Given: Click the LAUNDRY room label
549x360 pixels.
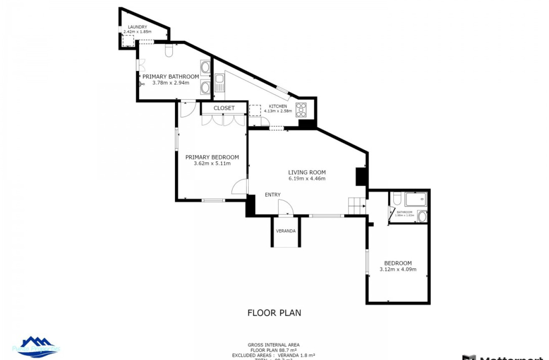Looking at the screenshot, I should [137, 27].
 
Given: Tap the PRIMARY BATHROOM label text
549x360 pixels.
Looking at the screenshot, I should [170, 76].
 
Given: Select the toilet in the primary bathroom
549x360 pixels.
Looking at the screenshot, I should [169, 51].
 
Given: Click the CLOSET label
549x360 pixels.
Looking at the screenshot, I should [224, 108].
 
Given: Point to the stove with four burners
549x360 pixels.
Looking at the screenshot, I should [301, 110].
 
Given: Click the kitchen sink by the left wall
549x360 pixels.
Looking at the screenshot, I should [220, 83].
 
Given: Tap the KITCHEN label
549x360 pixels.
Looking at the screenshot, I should [278, 106].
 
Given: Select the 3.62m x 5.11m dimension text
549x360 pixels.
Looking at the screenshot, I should [212, 164].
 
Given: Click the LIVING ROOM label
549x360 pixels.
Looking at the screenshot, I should [307, 172].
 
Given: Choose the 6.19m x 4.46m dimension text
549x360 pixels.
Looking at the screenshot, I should [307, 179].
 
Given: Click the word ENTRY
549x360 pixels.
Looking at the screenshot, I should [273, 195].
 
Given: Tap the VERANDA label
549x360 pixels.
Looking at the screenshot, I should [286, 231].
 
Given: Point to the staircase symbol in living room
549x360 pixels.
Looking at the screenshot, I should [357, 206].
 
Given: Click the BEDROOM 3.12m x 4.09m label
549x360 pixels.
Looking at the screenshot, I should [398, 266].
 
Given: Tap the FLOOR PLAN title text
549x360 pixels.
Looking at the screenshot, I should [274, 312].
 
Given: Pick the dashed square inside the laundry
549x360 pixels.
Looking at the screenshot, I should [128, 41].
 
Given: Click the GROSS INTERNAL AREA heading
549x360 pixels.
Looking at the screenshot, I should [273, 345].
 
